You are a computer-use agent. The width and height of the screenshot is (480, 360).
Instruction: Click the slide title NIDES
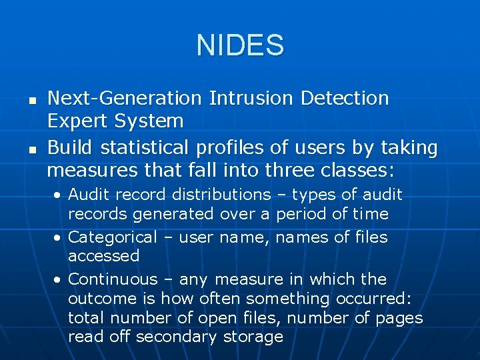coord(240,45)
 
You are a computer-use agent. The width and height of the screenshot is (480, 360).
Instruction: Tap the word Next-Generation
coord(125,99)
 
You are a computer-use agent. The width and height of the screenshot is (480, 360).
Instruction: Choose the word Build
coord(69,147)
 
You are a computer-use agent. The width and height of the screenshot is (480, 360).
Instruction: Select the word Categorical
coord(113,237)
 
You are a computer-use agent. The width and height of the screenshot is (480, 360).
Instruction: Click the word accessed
coord(104,256)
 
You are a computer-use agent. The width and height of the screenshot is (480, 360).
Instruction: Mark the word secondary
coord(176,337)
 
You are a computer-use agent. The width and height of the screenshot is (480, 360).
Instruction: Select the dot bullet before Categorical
coord(59,238)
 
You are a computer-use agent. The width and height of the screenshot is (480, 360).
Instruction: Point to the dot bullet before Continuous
coord(59,280)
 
